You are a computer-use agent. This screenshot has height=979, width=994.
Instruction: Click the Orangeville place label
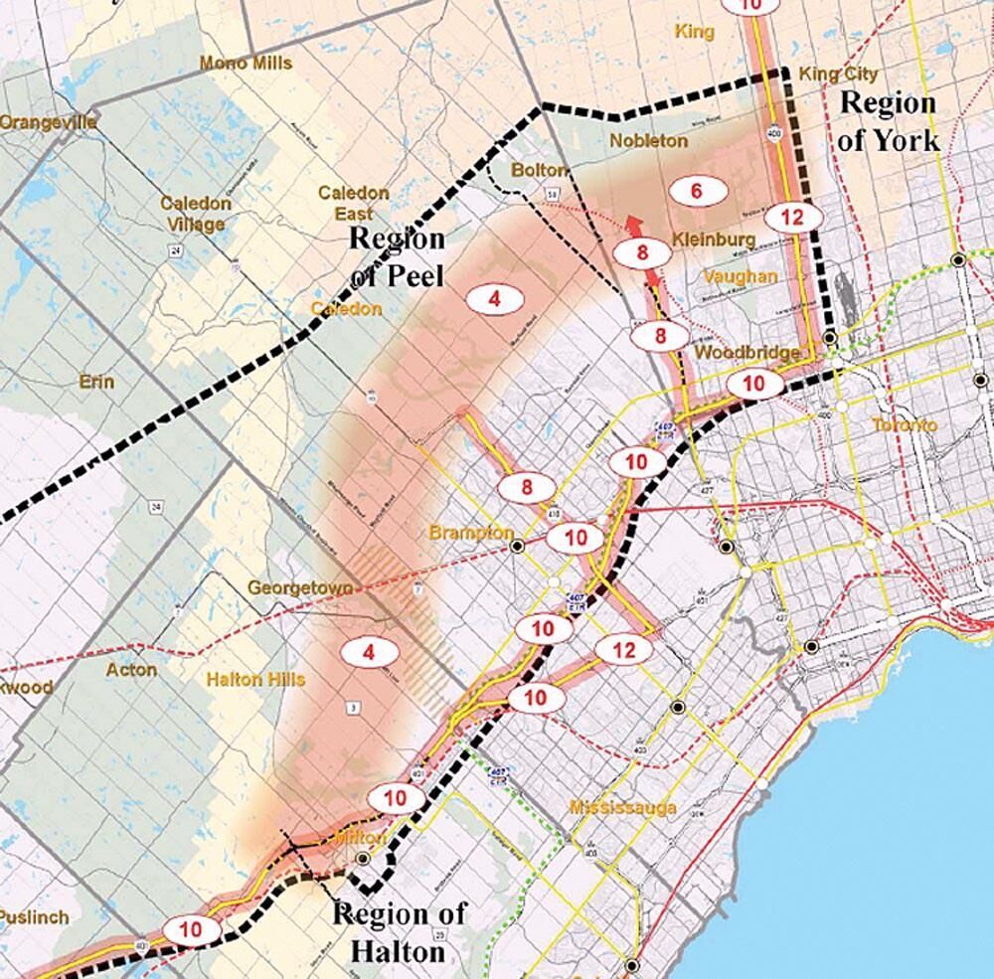pos(48,122)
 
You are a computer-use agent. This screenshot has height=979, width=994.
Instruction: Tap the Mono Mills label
pos(246,64)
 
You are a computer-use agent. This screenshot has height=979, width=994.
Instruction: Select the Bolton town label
pos(538,171)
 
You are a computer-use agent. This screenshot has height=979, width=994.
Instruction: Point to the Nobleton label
pos(648,141)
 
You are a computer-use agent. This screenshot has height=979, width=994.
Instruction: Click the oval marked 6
pos(697,190)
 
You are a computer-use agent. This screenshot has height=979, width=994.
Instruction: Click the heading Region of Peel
pos(397,255)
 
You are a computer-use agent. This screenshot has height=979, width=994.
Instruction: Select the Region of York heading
pos(888,120)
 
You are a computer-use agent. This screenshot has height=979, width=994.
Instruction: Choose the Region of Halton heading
pos(399,932)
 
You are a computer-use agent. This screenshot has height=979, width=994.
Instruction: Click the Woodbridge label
pos(747,354)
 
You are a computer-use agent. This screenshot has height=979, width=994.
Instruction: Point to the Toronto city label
pos(904,425)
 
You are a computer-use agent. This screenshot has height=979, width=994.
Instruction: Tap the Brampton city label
pos(471,534)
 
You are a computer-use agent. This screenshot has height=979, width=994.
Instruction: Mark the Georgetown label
pos(299,588)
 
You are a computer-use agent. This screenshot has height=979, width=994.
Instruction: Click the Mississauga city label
pos(623,807)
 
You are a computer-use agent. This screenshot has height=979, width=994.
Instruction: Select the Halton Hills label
pos(255,680)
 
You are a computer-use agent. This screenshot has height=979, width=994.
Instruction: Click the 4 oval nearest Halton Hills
pos(369,653)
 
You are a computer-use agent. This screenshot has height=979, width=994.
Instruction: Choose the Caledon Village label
pos(196,214)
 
